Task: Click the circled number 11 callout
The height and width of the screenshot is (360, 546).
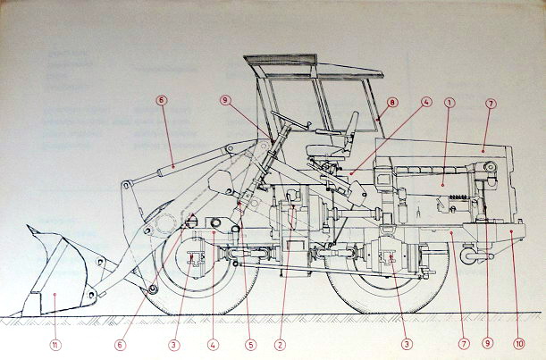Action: click(55, 345)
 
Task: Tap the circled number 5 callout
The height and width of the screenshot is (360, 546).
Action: click(250, 345)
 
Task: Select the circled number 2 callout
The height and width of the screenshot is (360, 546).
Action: click(280, 345)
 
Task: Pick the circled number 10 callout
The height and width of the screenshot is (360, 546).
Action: click(518, 344)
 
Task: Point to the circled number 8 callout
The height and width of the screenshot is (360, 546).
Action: click(392, 103)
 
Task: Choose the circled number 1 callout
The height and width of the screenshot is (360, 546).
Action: click(449, 103)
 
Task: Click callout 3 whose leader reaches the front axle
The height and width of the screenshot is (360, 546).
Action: click(174, 345)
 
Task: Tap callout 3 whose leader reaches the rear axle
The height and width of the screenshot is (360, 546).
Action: click(406, 344)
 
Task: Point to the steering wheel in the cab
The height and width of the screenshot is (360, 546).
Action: click(289, 121)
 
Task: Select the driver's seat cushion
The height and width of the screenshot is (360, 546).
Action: click(324, 150)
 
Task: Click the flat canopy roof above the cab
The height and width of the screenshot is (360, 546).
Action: click(314, 66)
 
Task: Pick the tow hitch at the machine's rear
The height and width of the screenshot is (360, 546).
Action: click(476, 256)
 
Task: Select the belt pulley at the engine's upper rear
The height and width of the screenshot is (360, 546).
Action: click(490, 167)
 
